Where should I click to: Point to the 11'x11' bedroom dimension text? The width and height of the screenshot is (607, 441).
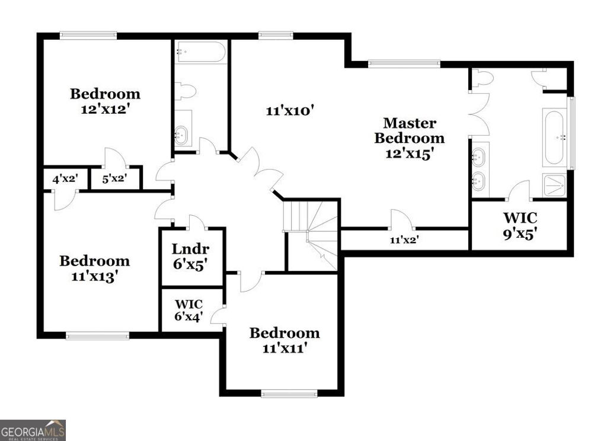pos(284,348)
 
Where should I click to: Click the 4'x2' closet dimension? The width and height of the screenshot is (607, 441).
pos(65,178)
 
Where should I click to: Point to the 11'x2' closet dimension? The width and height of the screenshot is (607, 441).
pos(404,241)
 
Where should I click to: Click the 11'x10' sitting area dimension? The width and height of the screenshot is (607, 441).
pos(289,110)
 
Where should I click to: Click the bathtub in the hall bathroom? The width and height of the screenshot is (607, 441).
pos(201,52)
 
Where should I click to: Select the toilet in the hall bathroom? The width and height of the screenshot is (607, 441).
pos(186,91)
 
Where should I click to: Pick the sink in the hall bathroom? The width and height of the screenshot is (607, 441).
pos(183,133)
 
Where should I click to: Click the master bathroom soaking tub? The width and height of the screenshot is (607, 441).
pos(554,137)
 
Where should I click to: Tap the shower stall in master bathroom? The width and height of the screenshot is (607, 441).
pos(554,186)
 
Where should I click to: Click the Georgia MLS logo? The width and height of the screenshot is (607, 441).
pos(33,430)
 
